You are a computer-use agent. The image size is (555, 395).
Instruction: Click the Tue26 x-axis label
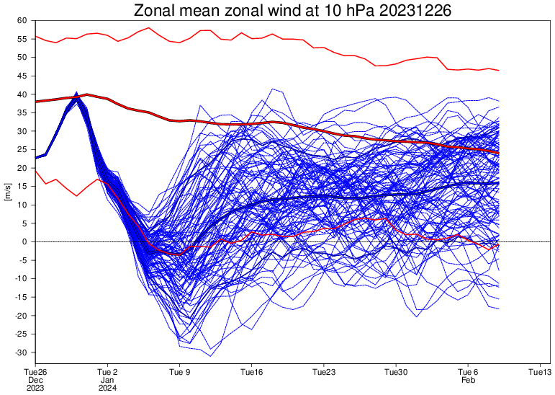click(x=36, y=372)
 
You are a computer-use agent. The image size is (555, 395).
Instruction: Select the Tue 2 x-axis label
click(x=108, y=372)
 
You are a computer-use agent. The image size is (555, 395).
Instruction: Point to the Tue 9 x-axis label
click(x=180, y=372)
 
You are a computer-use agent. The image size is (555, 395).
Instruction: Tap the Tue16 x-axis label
click(x=252, y=372)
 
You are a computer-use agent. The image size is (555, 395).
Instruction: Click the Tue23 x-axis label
click(x=324, y=372)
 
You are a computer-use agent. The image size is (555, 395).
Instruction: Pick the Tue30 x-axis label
click(x=396, y=372)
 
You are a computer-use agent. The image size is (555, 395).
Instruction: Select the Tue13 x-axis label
click(x=540, y=372)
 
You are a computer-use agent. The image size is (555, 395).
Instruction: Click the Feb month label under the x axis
click(x=468, y=380)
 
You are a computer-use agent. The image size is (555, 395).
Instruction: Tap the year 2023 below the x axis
click(x=36, y=388)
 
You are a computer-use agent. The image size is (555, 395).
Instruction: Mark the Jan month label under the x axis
click(x=108, y=380)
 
